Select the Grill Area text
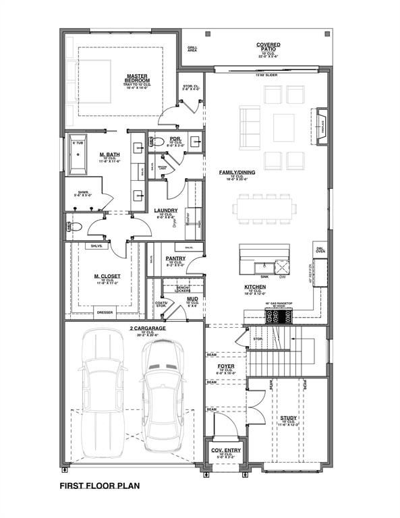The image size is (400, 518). pos(192,49)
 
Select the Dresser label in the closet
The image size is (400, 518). pos(105,313)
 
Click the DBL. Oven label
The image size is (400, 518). pos(320,250)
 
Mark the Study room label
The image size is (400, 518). pos(288,418)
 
